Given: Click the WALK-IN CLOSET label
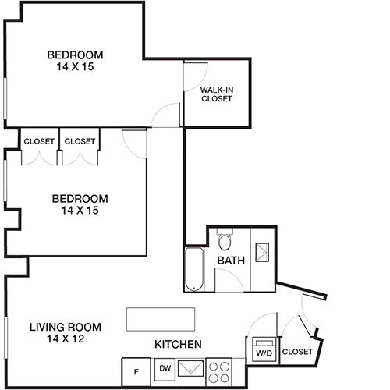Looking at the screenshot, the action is click(x=217, y=94).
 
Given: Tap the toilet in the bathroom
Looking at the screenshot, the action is click(x=225, y=239).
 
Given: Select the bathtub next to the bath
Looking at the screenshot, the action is click(x=194, y=269).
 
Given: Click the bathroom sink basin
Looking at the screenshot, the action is click(x=262, y=252).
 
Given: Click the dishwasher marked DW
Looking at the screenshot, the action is click(x=165, y=370).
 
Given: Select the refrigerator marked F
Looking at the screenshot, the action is click(x=136, y=372).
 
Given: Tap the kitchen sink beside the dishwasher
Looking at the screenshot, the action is click(x=191, y=368).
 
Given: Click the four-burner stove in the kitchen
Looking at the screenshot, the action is click(x=219, y=372).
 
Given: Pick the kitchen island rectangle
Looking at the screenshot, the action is click(x=161, y=319).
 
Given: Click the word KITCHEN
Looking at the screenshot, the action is click(x=178, y=344).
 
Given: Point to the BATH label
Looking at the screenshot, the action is click(x=231, y=261).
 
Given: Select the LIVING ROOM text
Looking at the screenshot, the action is click(x=66, y=327).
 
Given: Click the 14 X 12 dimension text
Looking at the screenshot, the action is click(x=66, y=339).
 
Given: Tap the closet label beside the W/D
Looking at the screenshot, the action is click(x=297, y=352).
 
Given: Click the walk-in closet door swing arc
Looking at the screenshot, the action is click(x=202, y=83).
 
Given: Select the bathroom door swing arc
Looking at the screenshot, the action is click(x=233, y=276).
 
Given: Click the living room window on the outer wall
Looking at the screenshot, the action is click(x=5, y=337).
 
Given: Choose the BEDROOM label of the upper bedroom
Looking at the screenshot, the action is click(x=75, y=55).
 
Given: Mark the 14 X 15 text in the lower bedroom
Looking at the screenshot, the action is click(x=80, y=211).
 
